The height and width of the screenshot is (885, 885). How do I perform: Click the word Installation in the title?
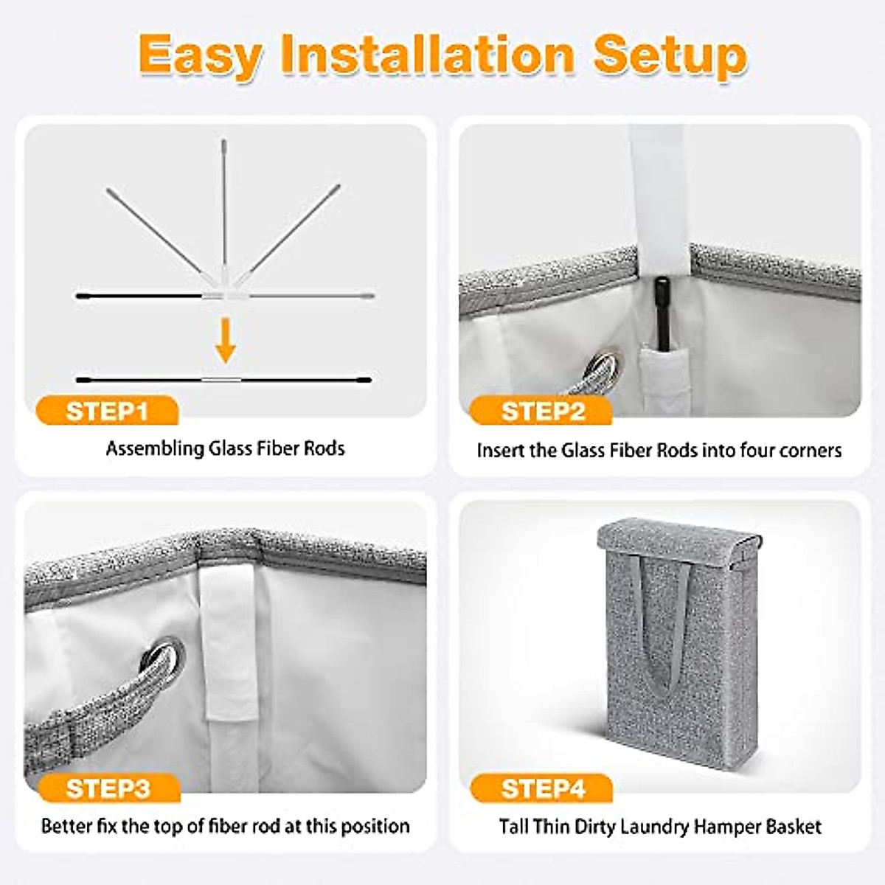(x=427, y=55)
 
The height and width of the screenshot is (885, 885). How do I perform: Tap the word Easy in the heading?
(x=200, y=55)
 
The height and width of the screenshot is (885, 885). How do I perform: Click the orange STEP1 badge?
(x=107, y=411)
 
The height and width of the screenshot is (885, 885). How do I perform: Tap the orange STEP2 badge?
(x=542, y=411)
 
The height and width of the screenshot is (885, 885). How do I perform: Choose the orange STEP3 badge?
(x=107, y=788)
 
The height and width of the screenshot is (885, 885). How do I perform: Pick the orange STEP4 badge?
(x=542, y=788)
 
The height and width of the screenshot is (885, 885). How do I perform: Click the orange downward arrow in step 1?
(x=226, y=344)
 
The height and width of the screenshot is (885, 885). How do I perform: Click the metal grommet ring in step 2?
(x=604, y=368)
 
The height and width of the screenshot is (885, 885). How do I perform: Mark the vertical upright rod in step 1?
(x=224, y=206)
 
